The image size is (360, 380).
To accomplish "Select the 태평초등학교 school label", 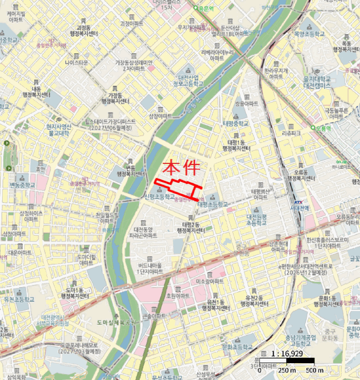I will [213, 205].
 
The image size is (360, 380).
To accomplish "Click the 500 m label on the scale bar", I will [314, 371].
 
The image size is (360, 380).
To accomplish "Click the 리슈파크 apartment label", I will [292, 132].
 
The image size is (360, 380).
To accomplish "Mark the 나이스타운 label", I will [76, 62].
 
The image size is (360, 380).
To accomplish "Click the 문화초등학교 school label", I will [238, 346].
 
